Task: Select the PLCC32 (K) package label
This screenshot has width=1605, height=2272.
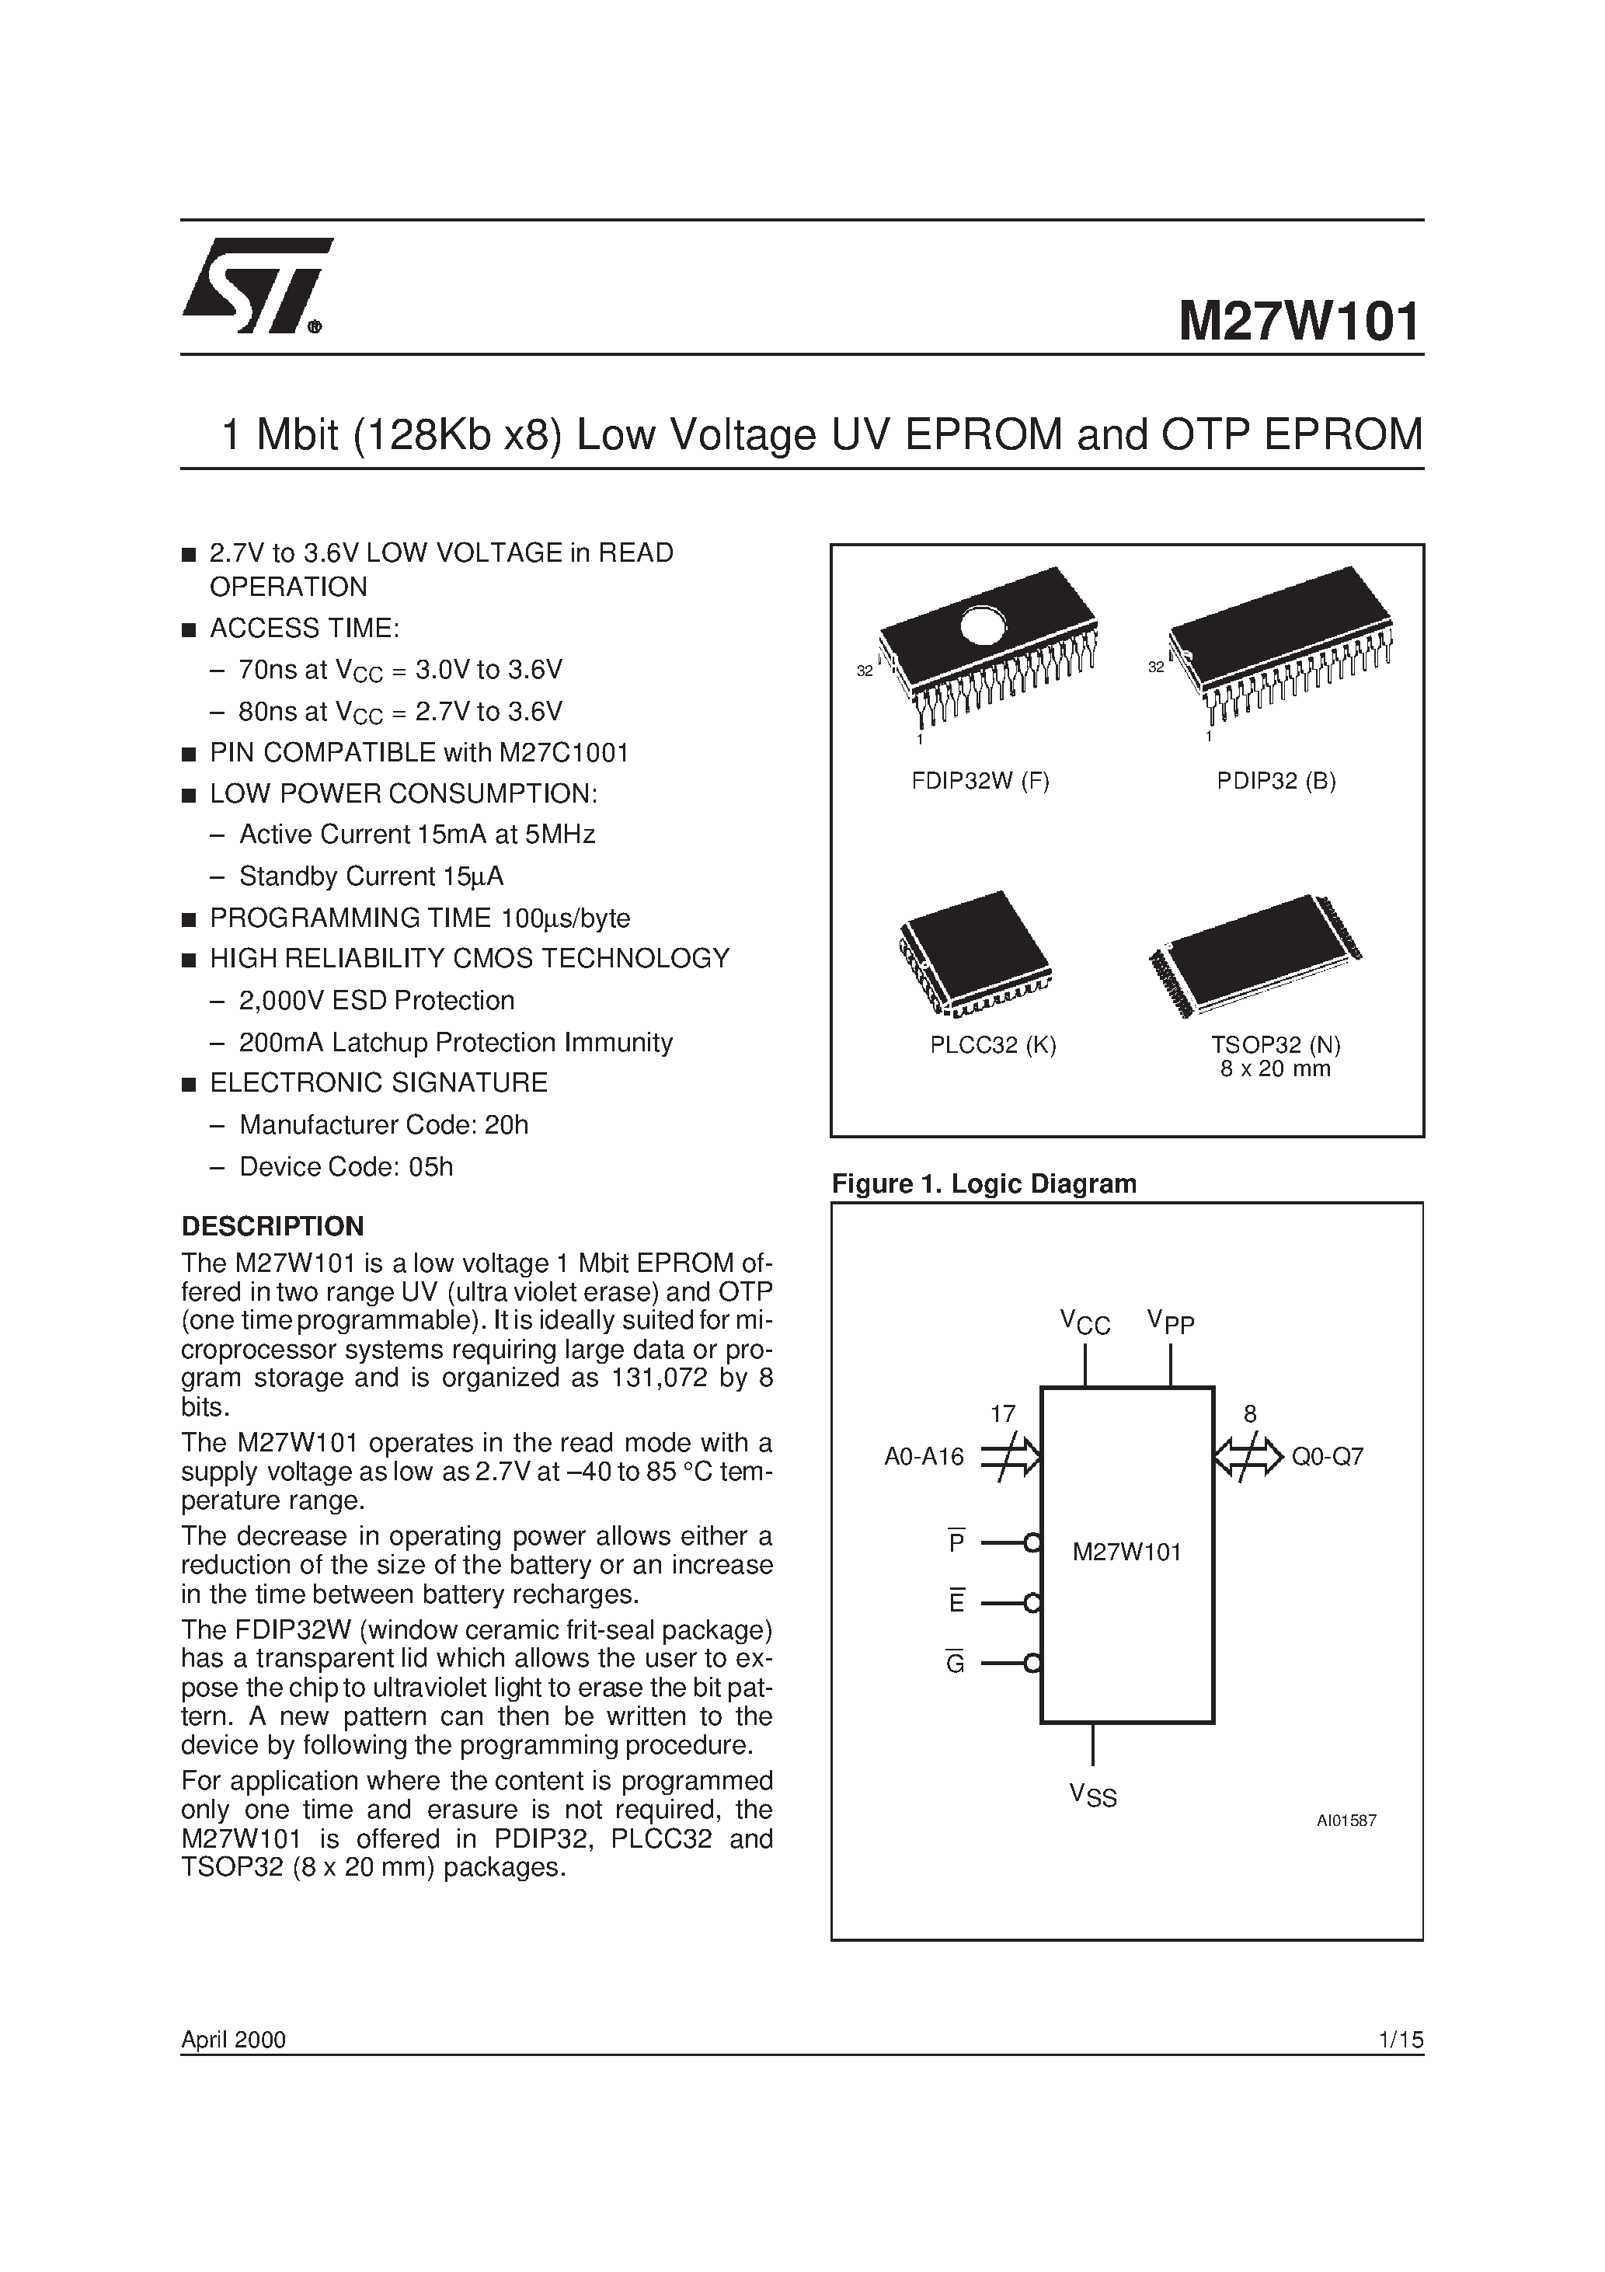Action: pyautogui.click(x=993, y=1045)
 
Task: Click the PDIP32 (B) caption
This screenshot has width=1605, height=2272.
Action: pyautogui.click(x=1276, y=781)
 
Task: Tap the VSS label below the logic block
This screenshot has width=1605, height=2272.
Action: pyautogui.click(x=1092, y=1795)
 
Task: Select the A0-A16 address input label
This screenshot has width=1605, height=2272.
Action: pyautogui.click(x=923, y=1457)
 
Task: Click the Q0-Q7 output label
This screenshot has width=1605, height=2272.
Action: pyautogui.click(x=1327, y=1457)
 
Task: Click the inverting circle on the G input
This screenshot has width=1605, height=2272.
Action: pyautogui.click(x=1033, y=1664)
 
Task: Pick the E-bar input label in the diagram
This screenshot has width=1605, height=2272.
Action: pyautogui.click(x=956, y=1603)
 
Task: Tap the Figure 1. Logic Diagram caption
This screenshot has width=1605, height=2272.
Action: pyautogui.click(x=984, y=1183)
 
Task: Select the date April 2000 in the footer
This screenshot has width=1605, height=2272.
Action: pyautogui.click(x=234, y=2040)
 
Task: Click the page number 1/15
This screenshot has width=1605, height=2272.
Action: pyautogui.click(x=1399, y=2040)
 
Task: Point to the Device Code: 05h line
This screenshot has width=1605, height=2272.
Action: pyautogui.click(x=346, y=1166)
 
